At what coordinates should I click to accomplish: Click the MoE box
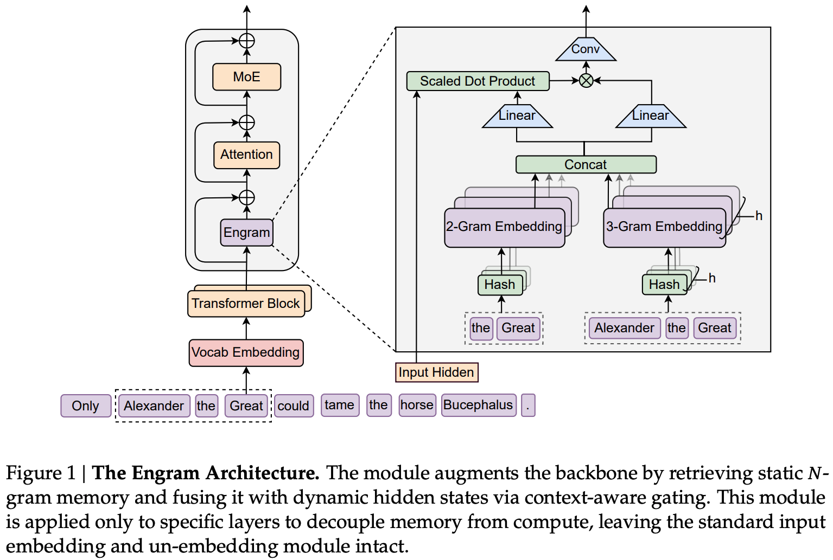[x=246, y=77]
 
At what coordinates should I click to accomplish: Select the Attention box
[x=246, y=155]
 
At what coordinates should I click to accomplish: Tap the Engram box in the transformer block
[x=246, y=233]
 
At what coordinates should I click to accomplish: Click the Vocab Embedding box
[x=246, y=353]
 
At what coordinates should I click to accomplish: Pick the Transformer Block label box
[x=246, y=304]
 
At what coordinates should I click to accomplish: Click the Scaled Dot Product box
[x=478, y=81]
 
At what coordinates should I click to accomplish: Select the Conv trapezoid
[x=586, y=49]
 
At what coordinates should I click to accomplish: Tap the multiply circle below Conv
[x=586, y=81]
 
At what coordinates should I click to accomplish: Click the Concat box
[x=586, y=165]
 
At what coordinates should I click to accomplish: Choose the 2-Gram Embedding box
[x=504, y=227]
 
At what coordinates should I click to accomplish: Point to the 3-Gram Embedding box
[x=664, y=227]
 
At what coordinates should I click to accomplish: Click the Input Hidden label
[x=436, y=372]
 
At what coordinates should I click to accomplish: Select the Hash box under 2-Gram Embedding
[x=500, y=285]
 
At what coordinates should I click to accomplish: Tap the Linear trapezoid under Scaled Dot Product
[x=517, y=116]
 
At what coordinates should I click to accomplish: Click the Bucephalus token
[x=478, y=405]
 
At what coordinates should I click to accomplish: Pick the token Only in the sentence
[x=86, y=406]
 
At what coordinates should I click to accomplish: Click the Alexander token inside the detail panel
[x=624, y=328]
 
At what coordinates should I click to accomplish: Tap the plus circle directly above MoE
[x=247, y=41]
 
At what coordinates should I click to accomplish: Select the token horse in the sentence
[x=417, y=405]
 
